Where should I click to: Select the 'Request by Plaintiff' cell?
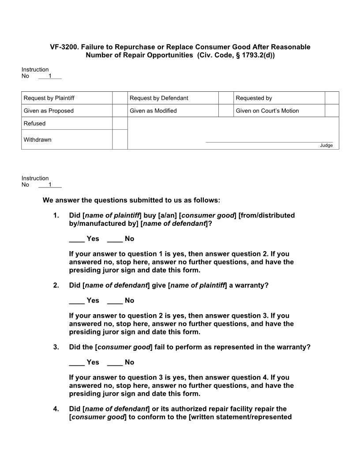coord(67,98)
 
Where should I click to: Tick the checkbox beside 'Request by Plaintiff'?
coord(120,98)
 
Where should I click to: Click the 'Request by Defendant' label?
coord(159,98)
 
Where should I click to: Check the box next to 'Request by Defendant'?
coord(226,98)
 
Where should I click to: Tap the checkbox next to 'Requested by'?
coord(332,98)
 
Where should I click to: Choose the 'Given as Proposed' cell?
coord(67,111)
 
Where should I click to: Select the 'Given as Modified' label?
coord(153,111)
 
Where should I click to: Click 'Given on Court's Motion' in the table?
coord(267,111)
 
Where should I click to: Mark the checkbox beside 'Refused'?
coord(120,124)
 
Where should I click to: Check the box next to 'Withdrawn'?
coord(120,139)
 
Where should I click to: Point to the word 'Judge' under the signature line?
coord(326,146)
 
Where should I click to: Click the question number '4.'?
coord(56,409)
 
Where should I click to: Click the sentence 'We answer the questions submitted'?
coord(131,200)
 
